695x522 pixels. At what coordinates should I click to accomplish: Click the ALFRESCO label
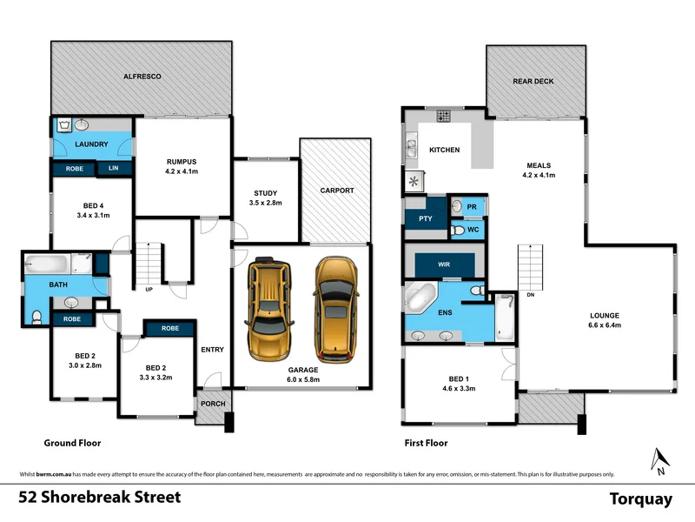(x=142, y=77)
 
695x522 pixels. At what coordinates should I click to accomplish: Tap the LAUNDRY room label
(x=90, y=144)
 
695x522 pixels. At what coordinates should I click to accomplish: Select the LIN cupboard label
(x=114, y=169)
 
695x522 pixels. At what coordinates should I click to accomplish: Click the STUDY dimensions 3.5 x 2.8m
(x=266, y=203)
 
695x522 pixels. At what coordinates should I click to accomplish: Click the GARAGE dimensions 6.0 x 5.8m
(x=301, y=379)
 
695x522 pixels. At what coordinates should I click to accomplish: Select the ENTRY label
(x=213, y=350)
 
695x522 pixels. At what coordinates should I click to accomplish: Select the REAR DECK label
(x=533, y=81)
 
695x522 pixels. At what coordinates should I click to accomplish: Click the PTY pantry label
(x=426, y=218)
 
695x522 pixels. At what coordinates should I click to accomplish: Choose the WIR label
(x=443, y=264)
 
